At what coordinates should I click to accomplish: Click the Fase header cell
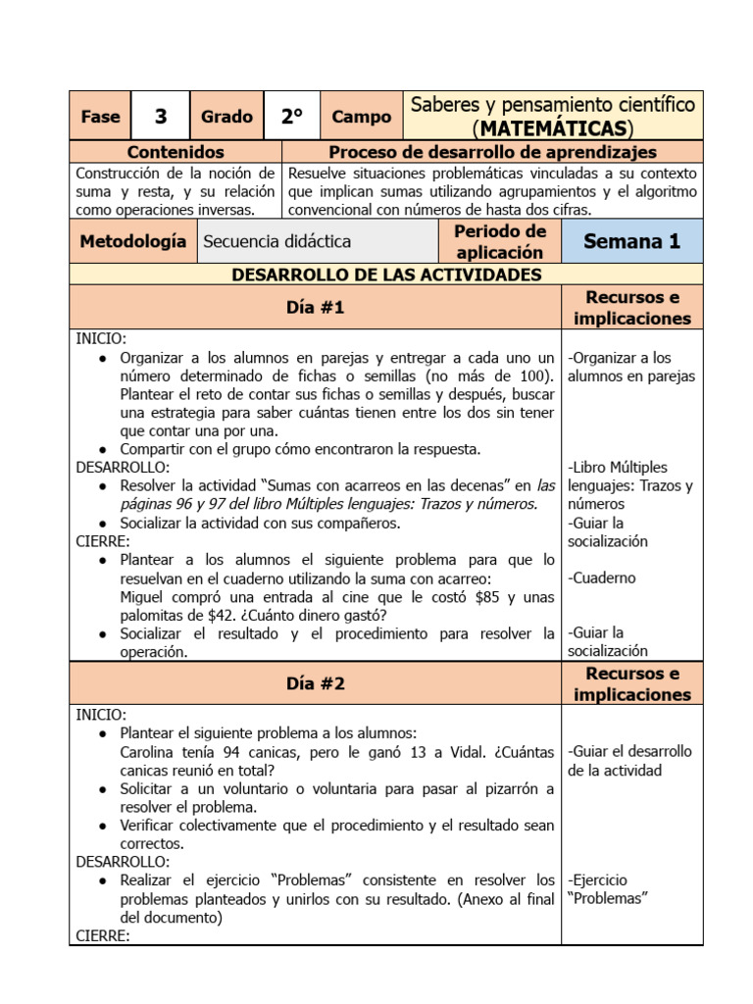pos(100,117)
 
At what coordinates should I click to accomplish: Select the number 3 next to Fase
pos(161,117)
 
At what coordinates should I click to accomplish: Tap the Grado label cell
pos(226,117)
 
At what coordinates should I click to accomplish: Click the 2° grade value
pos(291,117)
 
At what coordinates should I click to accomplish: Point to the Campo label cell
pos(361,117)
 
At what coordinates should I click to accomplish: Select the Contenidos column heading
pos(176,152)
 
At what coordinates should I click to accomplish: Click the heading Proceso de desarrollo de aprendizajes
pos(492,152)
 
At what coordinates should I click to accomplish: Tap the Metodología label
pos(132,241)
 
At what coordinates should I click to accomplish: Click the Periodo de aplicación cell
pos(500,241)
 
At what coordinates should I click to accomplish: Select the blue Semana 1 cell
pos(631,241)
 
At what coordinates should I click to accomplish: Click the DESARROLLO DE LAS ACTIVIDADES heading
pos(386,275)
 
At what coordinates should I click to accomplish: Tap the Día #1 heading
pos(315,308)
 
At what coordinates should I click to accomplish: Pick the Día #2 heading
pos(315,683)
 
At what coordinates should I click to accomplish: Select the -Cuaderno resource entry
pos(602,577)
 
